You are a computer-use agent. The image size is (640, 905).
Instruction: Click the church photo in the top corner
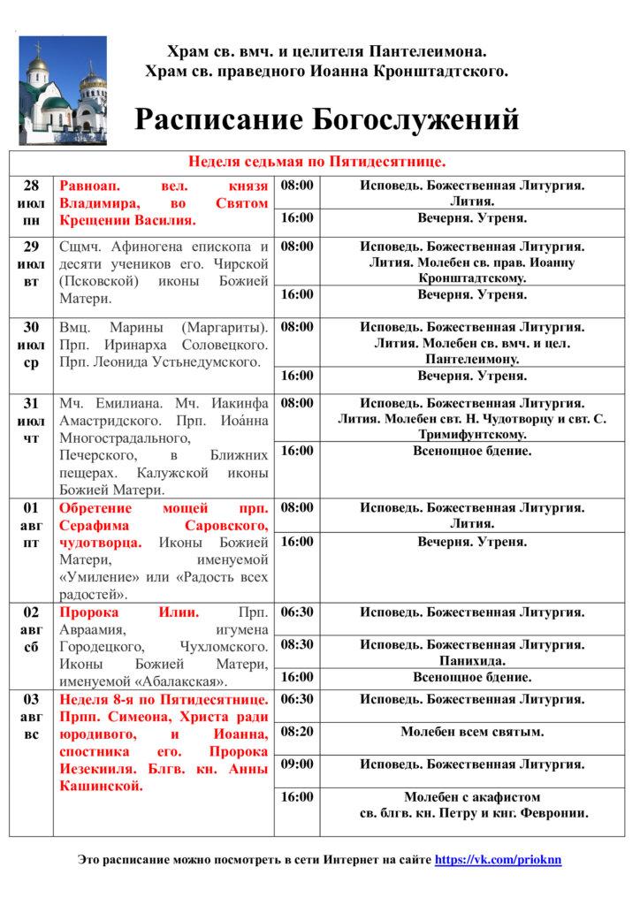click(61, 85)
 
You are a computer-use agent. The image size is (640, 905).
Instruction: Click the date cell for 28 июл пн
click(31, 203)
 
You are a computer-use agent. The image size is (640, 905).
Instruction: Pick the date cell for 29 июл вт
click(31, 263)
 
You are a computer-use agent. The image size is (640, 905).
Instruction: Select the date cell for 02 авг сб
click(31, 629)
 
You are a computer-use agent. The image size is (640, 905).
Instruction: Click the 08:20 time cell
click(297, 732)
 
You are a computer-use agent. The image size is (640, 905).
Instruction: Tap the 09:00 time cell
click(297, 764)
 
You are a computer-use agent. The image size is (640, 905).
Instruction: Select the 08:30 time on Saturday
click(297, 644)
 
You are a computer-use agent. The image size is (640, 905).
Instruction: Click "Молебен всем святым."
click(472, 732)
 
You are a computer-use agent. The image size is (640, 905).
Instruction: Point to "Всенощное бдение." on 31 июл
click(472, 451)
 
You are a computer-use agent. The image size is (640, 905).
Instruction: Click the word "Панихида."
click(472, 660)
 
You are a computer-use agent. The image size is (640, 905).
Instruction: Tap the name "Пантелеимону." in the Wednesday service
click(472, 359)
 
